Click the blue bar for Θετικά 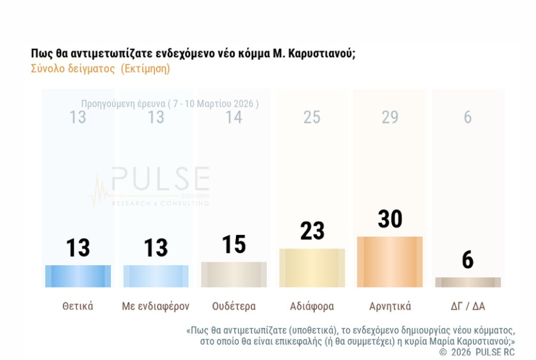point(78,276)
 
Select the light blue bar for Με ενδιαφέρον point(156,276)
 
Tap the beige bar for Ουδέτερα point(234,274)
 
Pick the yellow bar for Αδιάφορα point(312,268)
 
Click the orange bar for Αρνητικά point(390,262)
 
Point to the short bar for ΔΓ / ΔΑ point(468,282)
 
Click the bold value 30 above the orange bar point(390,219)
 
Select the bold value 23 point(312,231)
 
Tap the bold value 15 point(234,244)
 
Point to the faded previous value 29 point(390,117)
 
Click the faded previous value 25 point(312,117)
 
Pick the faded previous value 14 point(234,117)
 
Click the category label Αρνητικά point(390,306)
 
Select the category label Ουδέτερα point(234,306)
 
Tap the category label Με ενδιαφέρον point(155,306)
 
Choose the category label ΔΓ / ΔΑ point(468,306)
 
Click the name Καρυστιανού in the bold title point(322,54)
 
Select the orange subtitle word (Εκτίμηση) point(145,69)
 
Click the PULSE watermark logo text point(160,179)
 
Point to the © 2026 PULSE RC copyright point(476,352)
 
